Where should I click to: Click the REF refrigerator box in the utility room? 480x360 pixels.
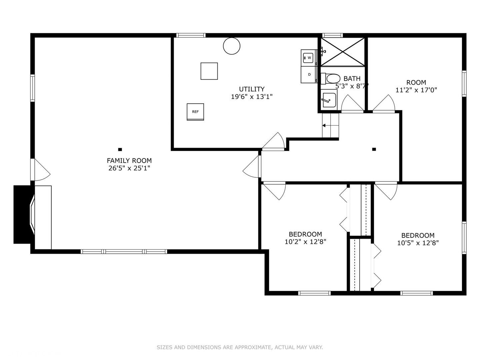195,112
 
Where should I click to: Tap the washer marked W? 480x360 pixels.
309,58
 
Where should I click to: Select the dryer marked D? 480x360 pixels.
309,74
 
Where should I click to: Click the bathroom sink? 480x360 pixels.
329,100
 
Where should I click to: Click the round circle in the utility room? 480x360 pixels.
231,46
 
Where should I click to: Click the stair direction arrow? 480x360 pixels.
324,126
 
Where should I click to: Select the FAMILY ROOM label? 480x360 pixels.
129,161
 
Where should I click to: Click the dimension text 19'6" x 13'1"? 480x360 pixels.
252,97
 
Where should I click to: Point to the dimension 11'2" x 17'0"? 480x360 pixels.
416,90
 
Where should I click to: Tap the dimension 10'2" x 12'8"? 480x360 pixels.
305,242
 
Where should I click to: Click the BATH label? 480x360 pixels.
352,79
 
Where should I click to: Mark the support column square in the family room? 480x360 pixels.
120,149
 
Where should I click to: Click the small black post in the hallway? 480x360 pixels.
374,149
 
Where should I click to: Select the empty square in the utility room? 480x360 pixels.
209,71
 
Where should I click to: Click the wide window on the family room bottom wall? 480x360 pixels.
124,251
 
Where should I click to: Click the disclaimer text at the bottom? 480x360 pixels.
240,347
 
